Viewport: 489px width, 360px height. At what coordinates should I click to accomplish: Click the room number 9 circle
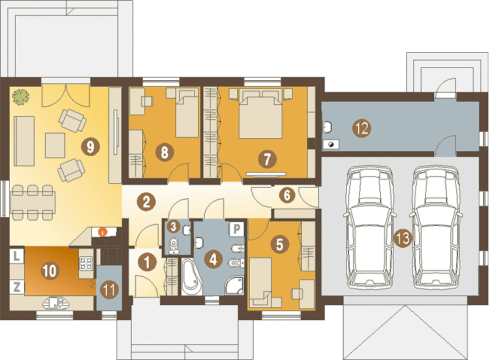coord(91,147)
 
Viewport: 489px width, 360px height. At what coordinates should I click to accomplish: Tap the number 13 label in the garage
coord(403,239)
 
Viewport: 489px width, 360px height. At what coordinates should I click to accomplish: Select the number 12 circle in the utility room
coord(362,128)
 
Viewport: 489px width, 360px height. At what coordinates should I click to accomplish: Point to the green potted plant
coord(21,97)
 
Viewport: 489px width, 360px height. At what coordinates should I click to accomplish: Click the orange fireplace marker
coord(102,232)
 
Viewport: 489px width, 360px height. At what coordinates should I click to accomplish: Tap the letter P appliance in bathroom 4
coord(237,230)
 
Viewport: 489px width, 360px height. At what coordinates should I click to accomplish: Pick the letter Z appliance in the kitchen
coord(17,287)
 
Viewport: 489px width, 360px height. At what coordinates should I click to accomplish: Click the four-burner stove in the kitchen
coord(86,263)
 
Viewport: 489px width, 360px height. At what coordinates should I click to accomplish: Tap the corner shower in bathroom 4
coord(234,285)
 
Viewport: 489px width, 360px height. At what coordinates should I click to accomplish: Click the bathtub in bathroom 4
coord(192,277)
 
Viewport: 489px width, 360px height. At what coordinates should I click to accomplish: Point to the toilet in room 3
coord(173,245)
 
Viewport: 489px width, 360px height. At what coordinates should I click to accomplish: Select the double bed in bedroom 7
coord(260,113)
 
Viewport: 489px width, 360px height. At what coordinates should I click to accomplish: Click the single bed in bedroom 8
coord(187,113)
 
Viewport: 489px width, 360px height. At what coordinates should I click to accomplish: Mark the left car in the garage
coord(370,227)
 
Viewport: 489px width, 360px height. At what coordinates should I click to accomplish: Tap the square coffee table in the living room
coord(55,145)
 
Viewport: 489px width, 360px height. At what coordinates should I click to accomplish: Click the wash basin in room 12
coord(327,127)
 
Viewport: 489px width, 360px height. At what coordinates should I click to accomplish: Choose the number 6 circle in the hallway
coord(287,195)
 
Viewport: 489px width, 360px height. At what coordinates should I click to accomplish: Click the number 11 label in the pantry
coord(109,290)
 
